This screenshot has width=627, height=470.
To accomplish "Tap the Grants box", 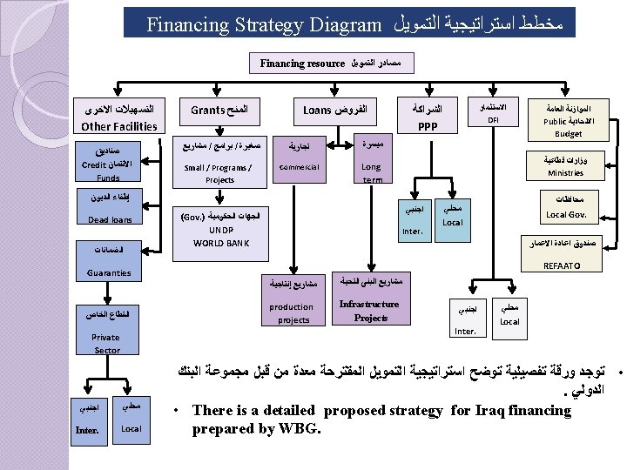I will [219, 111].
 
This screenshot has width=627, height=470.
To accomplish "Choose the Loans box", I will [333, 111].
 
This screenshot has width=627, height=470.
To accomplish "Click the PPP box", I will [427, 117].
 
